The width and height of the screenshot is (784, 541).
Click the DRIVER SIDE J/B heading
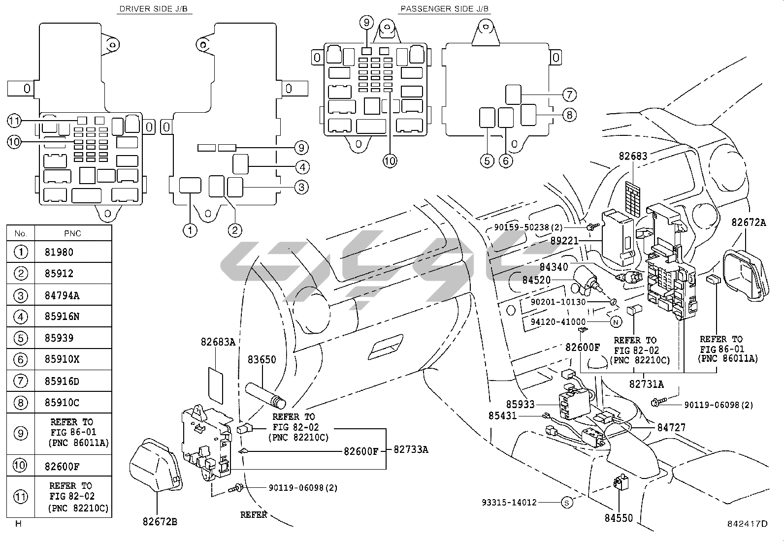point(154,9)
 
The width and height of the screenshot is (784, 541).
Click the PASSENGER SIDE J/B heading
point(445,9)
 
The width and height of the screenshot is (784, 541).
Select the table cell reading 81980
point(59,252)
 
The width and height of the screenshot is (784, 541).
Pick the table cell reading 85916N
point(62,317)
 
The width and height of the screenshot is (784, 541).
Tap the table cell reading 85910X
point(62,359)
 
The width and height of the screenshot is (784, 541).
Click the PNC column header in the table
point(72,233)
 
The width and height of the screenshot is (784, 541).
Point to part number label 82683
point(633,156)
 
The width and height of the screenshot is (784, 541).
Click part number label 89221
point(564,241)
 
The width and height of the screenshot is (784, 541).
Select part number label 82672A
point(749,222)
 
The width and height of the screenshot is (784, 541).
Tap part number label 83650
point(262,359)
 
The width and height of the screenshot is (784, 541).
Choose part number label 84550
point(619,518)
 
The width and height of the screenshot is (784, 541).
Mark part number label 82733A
point(411,449)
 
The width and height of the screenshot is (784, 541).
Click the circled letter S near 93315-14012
point(567,503)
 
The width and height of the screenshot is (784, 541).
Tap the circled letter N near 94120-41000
point(616,322)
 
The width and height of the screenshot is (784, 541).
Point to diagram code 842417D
point(748,524)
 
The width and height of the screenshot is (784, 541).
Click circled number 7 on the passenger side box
point(569,95)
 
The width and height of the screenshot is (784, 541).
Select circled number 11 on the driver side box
point(14,121)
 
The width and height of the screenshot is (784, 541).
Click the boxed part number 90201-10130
point(558,302)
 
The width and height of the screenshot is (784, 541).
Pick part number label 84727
point(671,428)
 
